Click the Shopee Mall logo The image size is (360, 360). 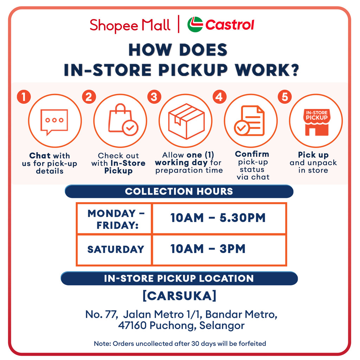[x=130, y=25]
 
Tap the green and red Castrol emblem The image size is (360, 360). [x=195, y=24]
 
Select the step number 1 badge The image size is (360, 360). [x=24, y=97]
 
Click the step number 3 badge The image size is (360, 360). [x=154, y=97]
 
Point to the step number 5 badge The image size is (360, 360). [x=285, y=97]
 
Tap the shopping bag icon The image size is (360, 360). [x=123, y=120]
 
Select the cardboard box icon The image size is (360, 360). [x=186, y=121]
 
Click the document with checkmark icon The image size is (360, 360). [x=249, y=121]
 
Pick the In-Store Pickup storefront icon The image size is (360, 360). [x=317, y=122]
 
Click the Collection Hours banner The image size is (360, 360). [x=179, y=191]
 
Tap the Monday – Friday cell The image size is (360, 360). [x=114, y=219]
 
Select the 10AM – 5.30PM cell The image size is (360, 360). [x=219, y=218]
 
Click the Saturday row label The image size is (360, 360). [x=116, y=249]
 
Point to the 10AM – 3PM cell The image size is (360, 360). [x=219, y=250]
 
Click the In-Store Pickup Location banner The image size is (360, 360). [x=179, y=278]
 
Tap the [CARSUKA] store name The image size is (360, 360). [x=179, y=296]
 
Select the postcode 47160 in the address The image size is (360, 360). [x=132, y=325]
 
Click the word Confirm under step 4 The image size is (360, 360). [x=252, y=154]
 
